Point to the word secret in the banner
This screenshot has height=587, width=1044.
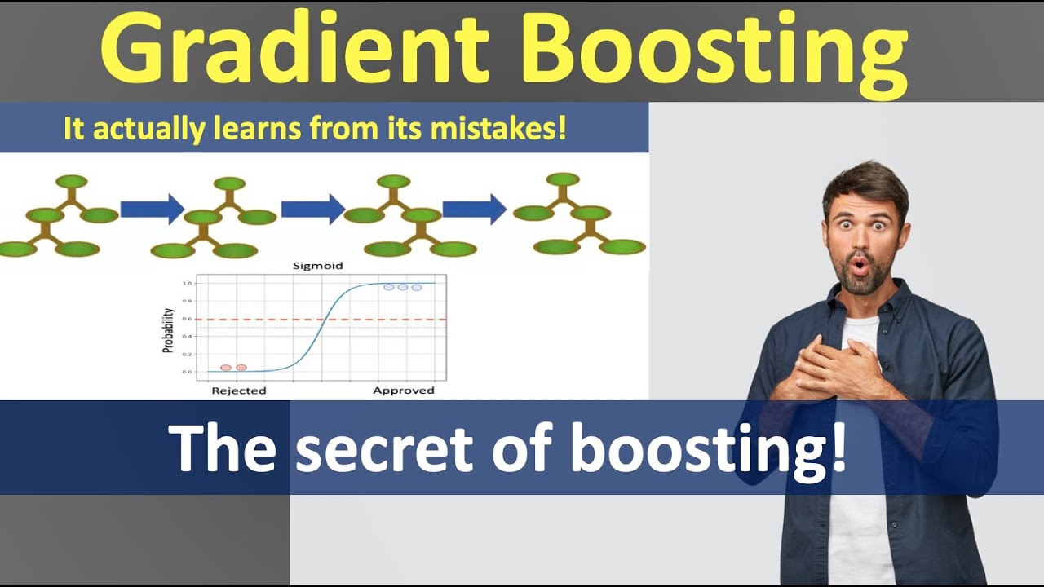click(x=383, y=448)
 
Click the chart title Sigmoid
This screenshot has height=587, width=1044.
click(x=318, y=266)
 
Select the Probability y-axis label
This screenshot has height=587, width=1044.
click(x=168, y=329)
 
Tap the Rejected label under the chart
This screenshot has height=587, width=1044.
click(x=239, y=391)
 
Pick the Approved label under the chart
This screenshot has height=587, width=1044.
click(x=404, y=391)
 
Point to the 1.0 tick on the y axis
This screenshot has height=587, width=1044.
click(x=187, y=283)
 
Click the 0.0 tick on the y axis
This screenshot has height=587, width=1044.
click(x=187, y=372)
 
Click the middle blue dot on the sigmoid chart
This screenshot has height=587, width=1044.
click(x=402, y=287)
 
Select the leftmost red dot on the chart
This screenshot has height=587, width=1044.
click(x=226, y=368)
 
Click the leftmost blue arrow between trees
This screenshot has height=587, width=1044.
click(x=153, y=210)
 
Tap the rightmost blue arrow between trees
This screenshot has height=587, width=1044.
click(x=475, y=210)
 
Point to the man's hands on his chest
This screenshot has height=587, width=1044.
click(x=840, y=367)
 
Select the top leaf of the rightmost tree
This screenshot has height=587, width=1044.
click(x=562, y=179)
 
